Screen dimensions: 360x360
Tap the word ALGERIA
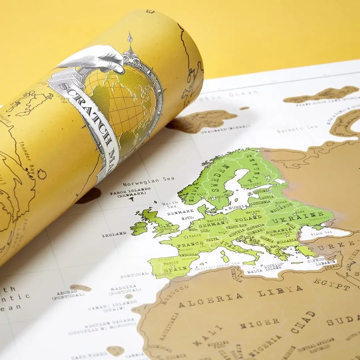211,300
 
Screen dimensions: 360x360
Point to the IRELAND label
114,234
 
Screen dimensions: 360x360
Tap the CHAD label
303,322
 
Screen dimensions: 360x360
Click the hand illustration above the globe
97,58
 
